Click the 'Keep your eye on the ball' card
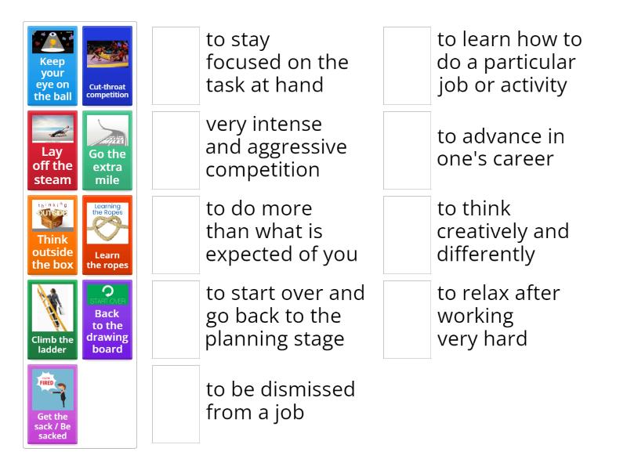point(53,66)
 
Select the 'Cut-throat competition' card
point(107,66)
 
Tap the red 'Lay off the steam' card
point(53,150)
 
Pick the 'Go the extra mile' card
point(107,150)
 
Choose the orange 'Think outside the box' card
point(53,235)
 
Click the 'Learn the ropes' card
point(107,235)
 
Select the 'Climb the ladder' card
point(53,320)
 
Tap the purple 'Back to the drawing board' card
point(107,320)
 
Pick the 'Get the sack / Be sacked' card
point(53,404)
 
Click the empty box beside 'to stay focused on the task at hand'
point(176,66)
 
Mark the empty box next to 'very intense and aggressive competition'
point(176,150)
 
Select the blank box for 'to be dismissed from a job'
point(176,404)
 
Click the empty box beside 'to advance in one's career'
point(407,150)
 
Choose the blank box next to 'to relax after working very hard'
point(407,320)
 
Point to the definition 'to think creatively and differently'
point(502,231)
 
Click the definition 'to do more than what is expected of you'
point(281,231)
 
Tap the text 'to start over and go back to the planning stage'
point(285,316)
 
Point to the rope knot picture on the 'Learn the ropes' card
point(107,229)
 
